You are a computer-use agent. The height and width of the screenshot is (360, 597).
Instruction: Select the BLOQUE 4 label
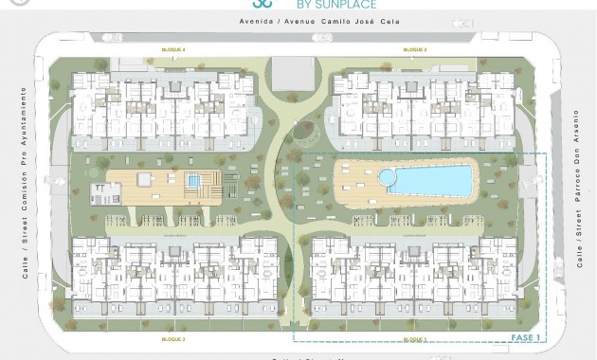coord(172,49)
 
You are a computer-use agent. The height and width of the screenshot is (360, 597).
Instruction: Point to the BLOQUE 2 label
coord(415,49)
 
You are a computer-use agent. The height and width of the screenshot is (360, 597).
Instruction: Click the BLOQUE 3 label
coord(172,338)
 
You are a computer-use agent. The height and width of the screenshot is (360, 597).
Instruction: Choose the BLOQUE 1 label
coord(415,338)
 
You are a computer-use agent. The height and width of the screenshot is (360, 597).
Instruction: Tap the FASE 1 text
coord(526,336)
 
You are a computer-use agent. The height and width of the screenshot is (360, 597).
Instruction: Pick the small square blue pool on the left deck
coord(194,180)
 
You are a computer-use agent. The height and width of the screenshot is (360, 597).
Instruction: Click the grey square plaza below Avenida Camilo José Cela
coord(294,73)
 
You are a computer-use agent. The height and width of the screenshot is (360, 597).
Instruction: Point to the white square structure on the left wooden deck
coord(144,179)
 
